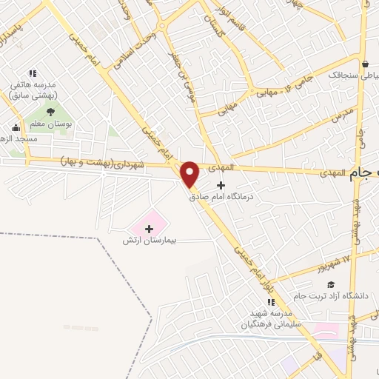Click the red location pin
click(189, 175)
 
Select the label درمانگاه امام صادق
click(221, 197)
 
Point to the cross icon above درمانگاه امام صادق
click(220, 184)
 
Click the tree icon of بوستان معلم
click(50, 113)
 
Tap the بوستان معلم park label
click(54, 125)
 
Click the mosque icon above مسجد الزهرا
click(15, 127)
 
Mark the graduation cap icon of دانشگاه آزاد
click(331, 284)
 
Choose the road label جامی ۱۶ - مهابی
click(284, 87)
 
